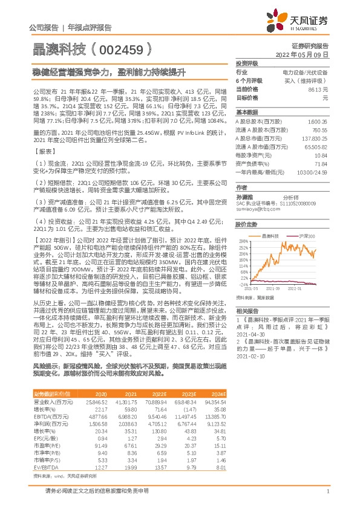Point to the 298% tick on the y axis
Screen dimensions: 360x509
pos(243,240)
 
